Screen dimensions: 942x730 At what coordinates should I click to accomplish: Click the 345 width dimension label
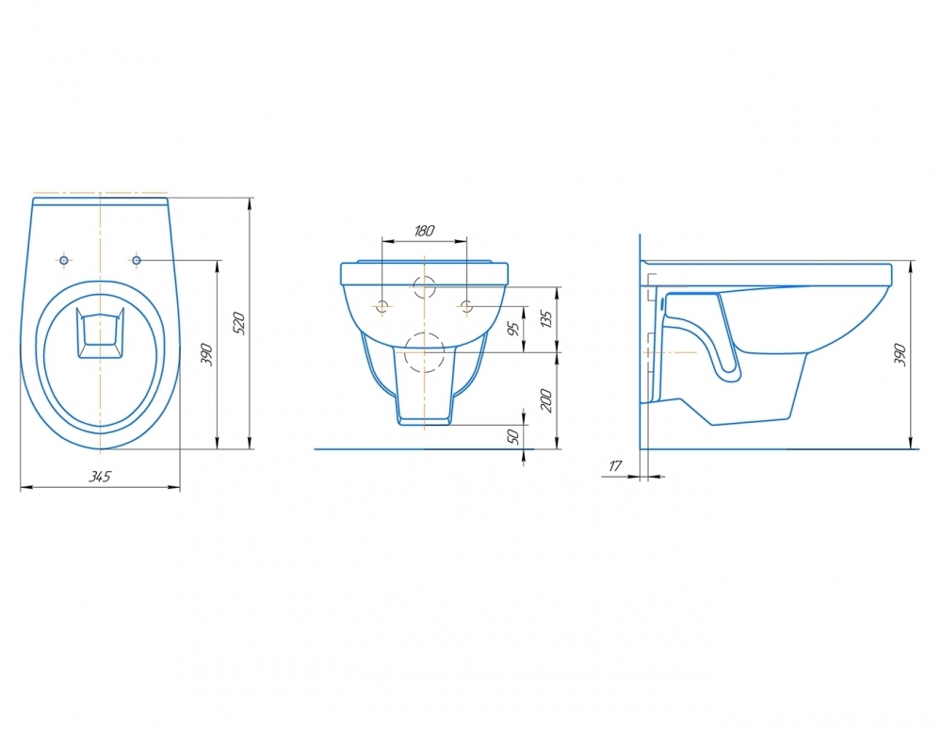[x=101, y=477]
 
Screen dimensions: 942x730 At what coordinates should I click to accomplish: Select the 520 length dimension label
[x=239, y=323]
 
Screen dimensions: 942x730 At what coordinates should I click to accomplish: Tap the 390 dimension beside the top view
[x=206, y=354]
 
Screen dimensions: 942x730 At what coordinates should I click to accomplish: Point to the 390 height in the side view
[x=900, y=355]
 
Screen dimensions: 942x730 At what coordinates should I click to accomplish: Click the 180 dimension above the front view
[x=424, y=230]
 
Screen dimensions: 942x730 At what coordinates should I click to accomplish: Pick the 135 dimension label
[x=546, y=318]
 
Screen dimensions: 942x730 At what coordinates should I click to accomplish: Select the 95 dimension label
[x=513, y=329]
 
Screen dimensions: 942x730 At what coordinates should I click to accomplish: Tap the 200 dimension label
[x=546, y=400]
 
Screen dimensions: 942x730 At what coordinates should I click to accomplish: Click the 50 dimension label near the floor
[x=513, y=437]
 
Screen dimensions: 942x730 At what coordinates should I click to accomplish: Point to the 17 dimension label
[x=615, y=465]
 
